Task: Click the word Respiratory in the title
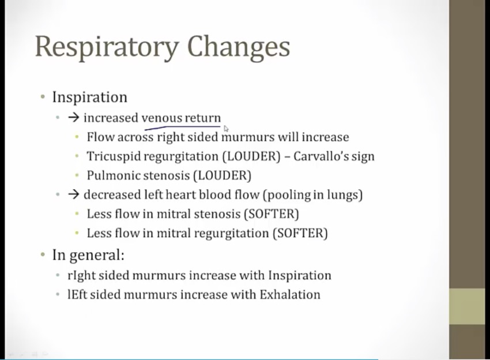(x=107, y=47)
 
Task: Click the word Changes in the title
(x=239, y=47)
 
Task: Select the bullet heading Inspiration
(x=90, y=97)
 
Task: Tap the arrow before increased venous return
(x=73, y=118)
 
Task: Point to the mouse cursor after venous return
(x=226, y=129)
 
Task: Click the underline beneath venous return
(x=183, y=127)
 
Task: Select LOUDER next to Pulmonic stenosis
(x=222, y=175)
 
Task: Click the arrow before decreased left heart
(x=73, y=194)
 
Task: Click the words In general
(x=88, y=255)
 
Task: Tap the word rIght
(x=81, y=276)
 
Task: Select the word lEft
(x=77, y=295)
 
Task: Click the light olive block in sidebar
(x=467, y=306)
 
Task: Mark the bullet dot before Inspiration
(x=43, y=97)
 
